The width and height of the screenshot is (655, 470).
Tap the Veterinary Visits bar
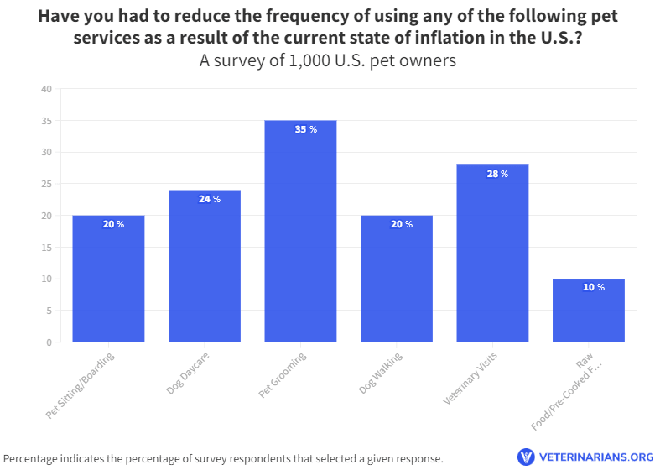pos(492,260)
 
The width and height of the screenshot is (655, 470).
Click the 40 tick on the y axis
pos(46,90)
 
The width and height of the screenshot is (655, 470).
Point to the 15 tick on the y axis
pos(46,248)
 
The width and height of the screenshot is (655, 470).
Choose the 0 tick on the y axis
pos(49,342)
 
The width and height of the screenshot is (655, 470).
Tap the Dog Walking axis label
pos(381,374)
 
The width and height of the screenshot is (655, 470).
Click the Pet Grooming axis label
pos(283,375)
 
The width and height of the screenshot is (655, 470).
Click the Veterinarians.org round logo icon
pos(526,457)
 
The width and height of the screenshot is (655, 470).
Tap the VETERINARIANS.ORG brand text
pos(595,458)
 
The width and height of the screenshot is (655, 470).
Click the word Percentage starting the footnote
pos(33,459)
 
